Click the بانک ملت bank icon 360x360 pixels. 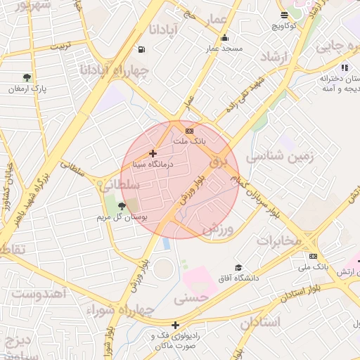(x=189, y=131)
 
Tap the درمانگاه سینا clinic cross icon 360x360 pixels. (x=153, y=153)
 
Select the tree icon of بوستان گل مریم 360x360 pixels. (x=123, y=206)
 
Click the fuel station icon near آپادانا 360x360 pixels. (x=143, y=49)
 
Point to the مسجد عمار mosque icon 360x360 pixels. (x=224, y=38)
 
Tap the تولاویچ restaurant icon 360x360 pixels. (x=284, y=15)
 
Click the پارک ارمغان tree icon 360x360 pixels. (x=27, y=77)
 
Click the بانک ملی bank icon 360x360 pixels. (x=313, y=256)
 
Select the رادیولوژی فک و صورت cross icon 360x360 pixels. (x=175, y=325)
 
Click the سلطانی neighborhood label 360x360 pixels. (x=119, y=185)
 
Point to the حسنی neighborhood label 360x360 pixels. (x=192, y=298)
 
